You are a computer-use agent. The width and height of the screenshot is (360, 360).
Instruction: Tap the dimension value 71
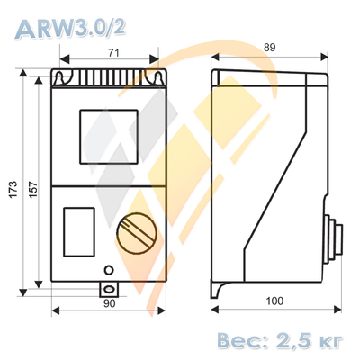coord(112,54)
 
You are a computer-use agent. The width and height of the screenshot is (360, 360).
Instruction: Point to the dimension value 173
coord(13,187)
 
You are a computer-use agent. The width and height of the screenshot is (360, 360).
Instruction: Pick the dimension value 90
coord(109,303)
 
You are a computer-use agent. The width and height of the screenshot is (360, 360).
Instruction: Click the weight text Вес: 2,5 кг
coord(278,339)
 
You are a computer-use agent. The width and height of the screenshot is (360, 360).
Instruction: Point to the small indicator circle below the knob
coord(109,269)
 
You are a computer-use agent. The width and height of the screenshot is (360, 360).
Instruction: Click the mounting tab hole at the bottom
coord(109,288)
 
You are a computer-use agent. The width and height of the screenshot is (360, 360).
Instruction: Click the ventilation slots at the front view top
coord(109,79)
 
